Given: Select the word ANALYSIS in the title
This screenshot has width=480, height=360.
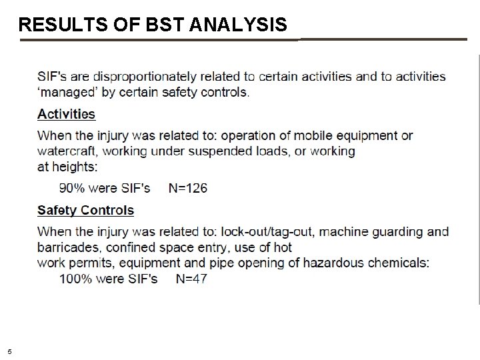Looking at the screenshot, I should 239,25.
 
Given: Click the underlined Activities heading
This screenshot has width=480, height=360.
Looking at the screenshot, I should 66,114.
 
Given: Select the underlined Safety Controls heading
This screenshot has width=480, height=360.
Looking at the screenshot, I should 85,211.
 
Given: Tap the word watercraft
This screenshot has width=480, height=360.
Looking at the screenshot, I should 67,151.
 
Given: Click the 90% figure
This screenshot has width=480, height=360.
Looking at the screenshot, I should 71,188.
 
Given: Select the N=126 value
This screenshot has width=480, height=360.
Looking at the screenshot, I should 187,188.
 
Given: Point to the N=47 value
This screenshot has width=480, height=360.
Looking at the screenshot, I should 191,279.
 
